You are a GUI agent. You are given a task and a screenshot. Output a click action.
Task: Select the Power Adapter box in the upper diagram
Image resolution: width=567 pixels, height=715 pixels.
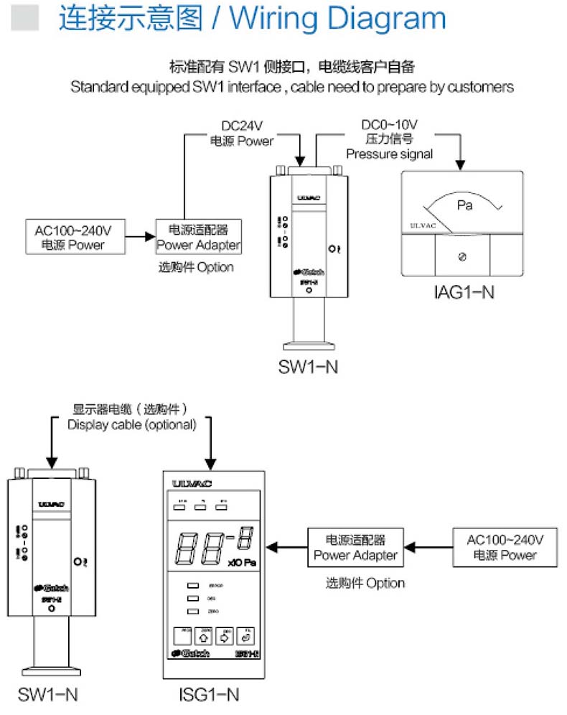(198, 238)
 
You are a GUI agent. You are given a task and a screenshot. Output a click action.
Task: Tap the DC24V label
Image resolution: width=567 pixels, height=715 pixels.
(241, 126)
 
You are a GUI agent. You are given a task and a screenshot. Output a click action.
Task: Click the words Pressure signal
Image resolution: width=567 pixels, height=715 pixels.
(390, 154)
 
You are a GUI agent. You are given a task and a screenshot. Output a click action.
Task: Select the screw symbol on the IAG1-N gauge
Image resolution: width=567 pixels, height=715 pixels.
(463, 256)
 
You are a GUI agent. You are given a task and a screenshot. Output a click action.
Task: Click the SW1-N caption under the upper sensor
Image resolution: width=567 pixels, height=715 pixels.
(308, 367)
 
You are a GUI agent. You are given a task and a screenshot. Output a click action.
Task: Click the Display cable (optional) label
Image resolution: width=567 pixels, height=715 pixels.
(132, 424)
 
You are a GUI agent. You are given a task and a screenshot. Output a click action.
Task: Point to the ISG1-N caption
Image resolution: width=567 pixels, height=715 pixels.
(209, 694)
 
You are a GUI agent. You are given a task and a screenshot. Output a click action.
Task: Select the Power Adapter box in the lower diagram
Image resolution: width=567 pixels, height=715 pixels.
(355, 547)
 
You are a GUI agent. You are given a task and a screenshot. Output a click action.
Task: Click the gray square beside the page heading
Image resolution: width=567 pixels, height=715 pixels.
(27, 18)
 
